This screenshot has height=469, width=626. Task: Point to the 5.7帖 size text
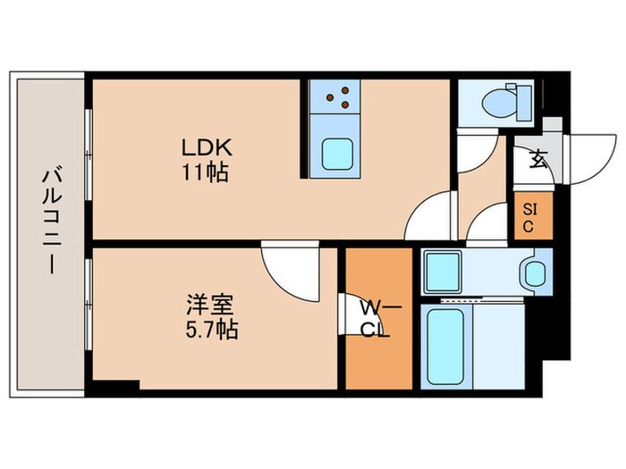point(207,330)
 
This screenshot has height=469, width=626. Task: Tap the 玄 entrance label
point(537,161)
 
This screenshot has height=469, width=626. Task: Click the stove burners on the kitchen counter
point(337,96)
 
